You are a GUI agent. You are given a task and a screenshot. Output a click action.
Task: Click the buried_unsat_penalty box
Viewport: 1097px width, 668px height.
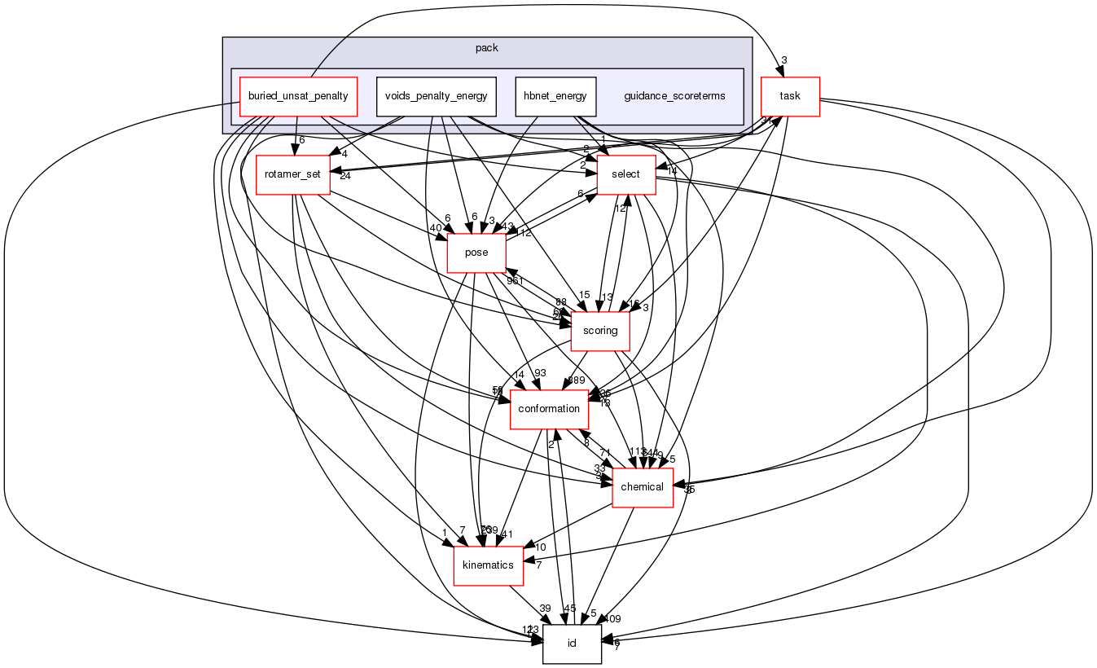click(x=295, y=96)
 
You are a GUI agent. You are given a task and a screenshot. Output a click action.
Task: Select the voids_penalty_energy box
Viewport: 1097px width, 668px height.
click(x=436, y=96)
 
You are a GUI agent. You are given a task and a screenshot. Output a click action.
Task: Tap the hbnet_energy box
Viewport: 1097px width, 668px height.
click(x=555, y=96)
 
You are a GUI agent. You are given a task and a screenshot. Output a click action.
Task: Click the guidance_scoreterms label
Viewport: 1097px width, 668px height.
click(x=674, y=96)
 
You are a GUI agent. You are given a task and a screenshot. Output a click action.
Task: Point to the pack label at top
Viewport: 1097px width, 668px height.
click(x=486, y=48)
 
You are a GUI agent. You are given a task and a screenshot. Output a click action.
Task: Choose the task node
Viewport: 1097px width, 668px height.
click(x=789, y=96)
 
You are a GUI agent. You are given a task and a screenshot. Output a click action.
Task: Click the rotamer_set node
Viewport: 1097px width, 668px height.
click(x=292, y=174)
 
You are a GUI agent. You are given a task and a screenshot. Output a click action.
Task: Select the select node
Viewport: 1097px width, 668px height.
click(x=626, y=174)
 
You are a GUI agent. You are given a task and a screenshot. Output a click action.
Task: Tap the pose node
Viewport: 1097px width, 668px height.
click(x=476, y=253)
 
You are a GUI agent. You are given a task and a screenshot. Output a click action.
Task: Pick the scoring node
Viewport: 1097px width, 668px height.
click(x=600, y=331)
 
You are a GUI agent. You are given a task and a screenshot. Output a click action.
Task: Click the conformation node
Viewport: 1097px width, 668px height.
click(x=550, y=409)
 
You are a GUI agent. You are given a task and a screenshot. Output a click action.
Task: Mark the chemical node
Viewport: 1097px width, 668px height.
click(x=643, y=487)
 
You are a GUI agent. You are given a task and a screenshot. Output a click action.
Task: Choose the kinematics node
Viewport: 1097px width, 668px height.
click(x=488, y=565)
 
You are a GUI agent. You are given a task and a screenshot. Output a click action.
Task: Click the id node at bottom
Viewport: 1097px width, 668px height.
click(x=572, y=644)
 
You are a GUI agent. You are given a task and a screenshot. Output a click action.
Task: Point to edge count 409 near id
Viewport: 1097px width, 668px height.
click(x=612, y=619)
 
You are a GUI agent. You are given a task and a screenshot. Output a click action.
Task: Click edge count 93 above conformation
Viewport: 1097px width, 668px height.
click(x=540, y=373)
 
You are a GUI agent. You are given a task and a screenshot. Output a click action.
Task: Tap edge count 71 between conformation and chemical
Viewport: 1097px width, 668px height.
click(x=605, y=453)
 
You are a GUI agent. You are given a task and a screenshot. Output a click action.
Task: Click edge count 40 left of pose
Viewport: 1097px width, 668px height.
click(x=436, y=227)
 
